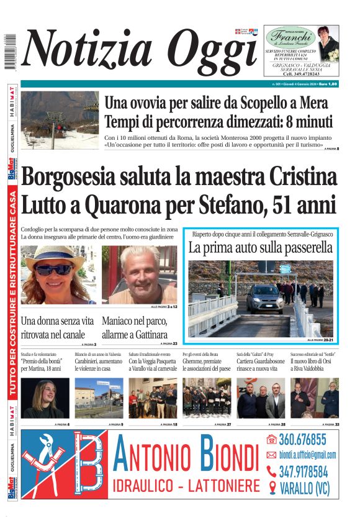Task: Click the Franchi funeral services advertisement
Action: click(x=301, y=52)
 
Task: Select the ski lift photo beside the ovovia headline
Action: click(x=60, y=121)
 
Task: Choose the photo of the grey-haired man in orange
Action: click(x=139, y=274)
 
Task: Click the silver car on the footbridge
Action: click(x=264, y=298)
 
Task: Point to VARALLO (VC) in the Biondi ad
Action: click(x=304, y=488)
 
